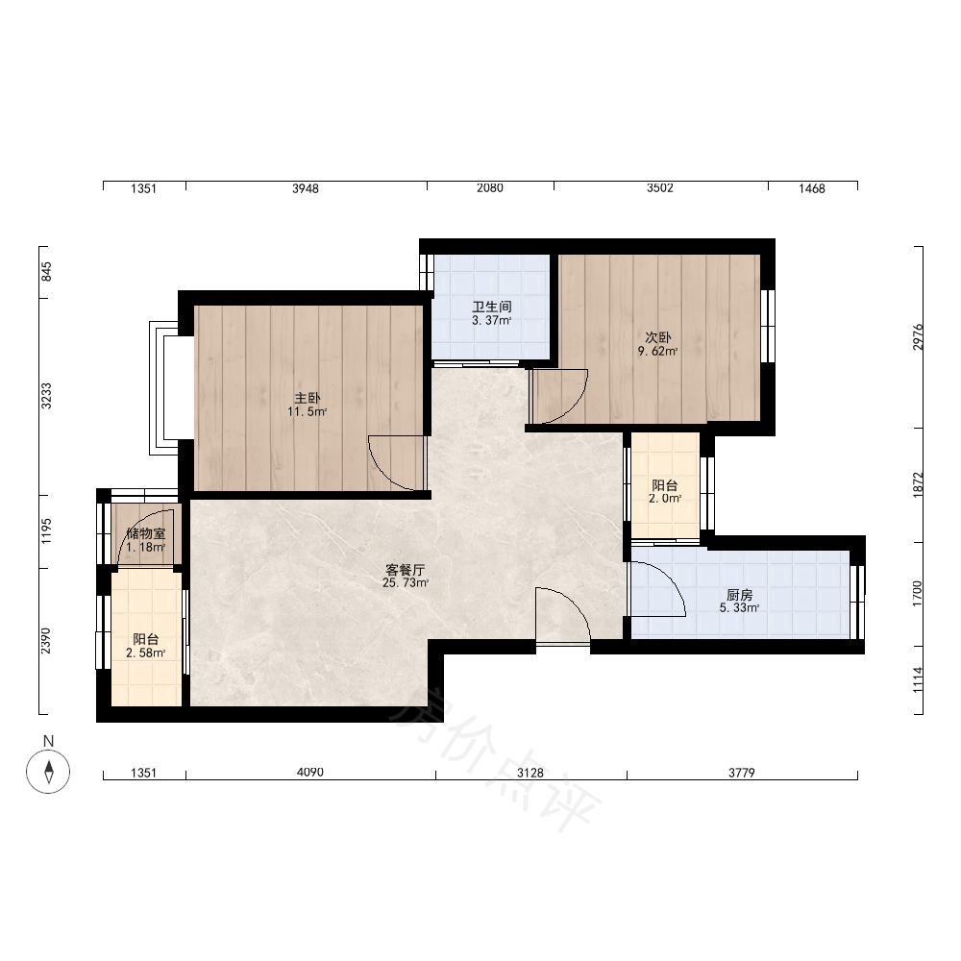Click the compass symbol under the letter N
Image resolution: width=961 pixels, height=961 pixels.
[x=48, y=771]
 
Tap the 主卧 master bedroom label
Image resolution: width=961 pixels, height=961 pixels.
[x=308, y=399]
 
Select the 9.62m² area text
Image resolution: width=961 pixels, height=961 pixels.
[x=657, y=351]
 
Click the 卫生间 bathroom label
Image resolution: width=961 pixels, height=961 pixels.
[x=491, y=307]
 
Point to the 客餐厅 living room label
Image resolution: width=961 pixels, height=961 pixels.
[x=406, y=569]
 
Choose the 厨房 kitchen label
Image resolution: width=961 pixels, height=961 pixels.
[x=739, y=595]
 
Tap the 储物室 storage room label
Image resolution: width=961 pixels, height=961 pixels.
[x=146, y=533]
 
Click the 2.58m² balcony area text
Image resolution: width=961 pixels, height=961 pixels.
[x=146, y=653]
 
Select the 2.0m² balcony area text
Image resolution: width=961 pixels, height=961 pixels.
[x=665, y=498]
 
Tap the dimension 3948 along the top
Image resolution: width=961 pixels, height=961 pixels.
[x=306, y=188]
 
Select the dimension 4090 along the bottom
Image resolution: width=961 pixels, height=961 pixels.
[x=310, y=773]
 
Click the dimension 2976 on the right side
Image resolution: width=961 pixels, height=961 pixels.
[x=918, y=336]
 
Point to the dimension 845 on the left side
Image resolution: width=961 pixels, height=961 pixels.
[x=46, y=272]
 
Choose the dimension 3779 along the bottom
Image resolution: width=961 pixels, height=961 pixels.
[x=742, y=773]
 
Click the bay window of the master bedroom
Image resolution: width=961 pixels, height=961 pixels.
[x=164, y=387]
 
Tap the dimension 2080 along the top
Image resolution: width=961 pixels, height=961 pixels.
[x=490, y=188]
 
